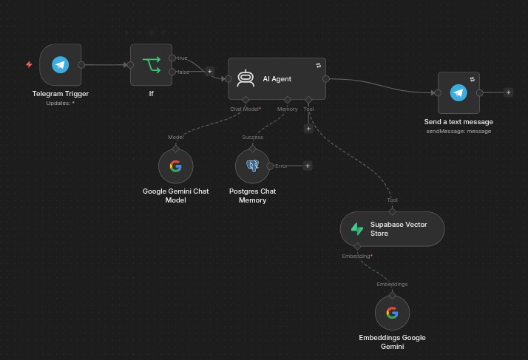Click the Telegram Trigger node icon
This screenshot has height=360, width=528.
pyautogui.click(x=61, y=64)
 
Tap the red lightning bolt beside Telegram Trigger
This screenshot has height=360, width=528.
pyautogui.click(x=30, y=64)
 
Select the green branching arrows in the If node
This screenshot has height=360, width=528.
pyautogui.click(x=152, y=65)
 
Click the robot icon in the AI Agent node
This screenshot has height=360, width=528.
pyautogui.click(x=246, y=78)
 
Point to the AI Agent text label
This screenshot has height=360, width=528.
pyautogui.click(x=277, y=79)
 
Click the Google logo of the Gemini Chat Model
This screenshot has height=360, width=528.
pyautogui.click(x=176, y=166)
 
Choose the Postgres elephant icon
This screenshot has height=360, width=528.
pyautogui.click(x=253, y=166)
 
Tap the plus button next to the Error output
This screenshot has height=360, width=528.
pyautogui.click(x=308, y=166)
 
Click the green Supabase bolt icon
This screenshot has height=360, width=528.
pyautogui.click(x=357, y=229)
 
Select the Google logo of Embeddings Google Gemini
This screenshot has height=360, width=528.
pyautogui.click(x=392, y=313)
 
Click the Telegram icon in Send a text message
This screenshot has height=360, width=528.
pyautogui.click(x=458, y=92)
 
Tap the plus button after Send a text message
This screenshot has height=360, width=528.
pyautogui.click(x=509, y=92)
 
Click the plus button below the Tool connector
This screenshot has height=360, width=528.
pyautogui.click(x=308, y=129)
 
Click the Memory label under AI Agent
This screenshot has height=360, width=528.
pyautogui.click(x=287, y=109)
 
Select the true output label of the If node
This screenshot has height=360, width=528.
pyautogui.click(x=182, y=58)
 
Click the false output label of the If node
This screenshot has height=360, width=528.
pyautogui.click(x=183, y=72)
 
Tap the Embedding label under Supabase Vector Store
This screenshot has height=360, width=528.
pyautogui.click(x=357, y=257)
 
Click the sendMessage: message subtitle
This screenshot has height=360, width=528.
pyautogui.click(x=458, y=131)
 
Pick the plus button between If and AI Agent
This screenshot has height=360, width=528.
pyautogui.click(x=210, y=72)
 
